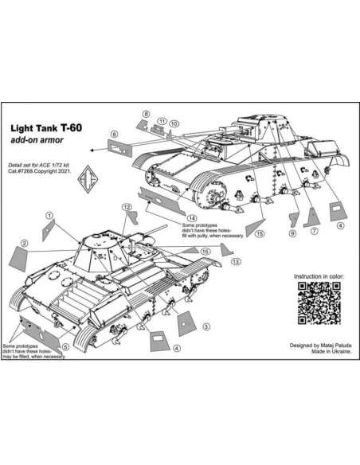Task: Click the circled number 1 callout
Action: [49, 216]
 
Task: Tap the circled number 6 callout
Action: [114, 135]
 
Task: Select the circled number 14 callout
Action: [192, 218]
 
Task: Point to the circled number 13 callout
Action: [236, 261]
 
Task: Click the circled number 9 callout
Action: [292, 233]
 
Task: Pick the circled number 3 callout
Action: [206, 326]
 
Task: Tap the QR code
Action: [319, 303]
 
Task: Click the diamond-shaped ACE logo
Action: [88, 179]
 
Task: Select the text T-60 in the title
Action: [71, 128]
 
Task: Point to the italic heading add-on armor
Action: [37, 140]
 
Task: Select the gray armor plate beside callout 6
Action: [119, 148]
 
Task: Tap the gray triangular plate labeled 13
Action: [226, 250]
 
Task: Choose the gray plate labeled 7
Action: [311, 217]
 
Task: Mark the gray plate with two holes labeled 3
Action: [187, 324]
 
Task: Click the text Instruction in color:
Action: [319, 276]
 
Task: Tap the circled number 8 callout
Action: [146, 114]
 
